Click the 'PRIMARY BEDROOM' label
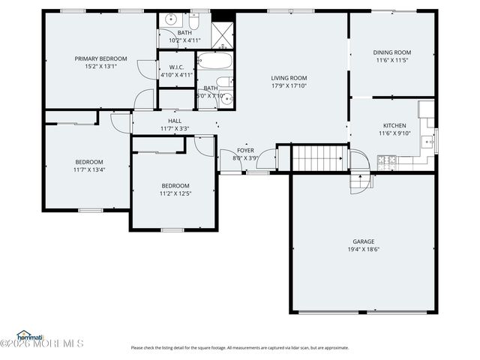tap(100, 58)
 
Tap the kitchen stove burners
tap(387, 160)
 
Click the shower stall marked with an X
tap(222, 35)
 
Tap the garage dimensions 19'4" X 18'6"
tap(364, 249)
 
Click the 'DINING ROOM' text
tap(392, 52)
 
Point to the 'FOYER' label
tap(245, 150)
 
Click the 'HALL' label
tap(175, 121)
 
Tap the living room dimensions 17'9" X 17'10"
tap(289, 85)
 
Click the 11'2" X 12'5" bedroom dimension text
tap(175, 193)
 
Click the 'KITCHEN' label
tap(394, 125)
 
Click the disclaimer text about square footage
tap(240, 347)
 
